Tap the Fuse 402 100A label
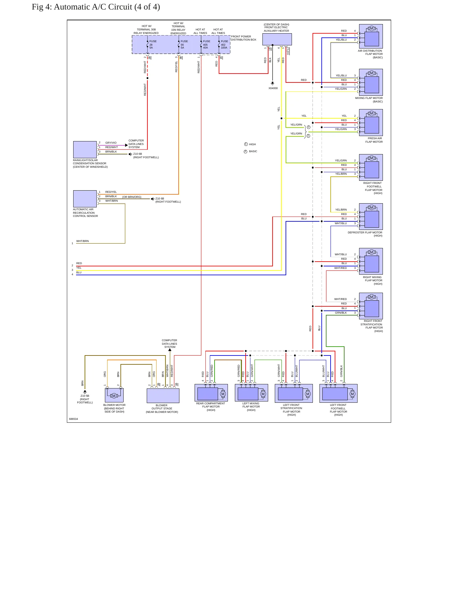pyautogui.click(x=224, y=44)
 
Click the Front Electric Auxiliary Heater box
pyautogui.click(x=277, y=39)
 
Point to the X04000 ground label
pyautogui.click(x=273, y=88)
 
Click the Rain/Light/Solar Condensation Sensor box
pyautogui.click(x=85, y=149)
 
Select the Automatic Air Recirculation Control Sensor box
pyautogui.click(x=85, y=199)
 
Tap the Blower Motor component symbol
pyautogui.click(x=114, y=395)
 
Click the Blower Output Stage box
pyautogui.click(x=163, y=396)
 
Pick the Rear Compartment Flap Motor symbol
pyautogui.click(x=211, y=393)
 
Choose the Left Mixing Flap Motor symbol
pyautogui.click(x=251, y=393)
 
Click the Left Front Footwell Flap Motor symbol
pyautogui.click(x=339, y=393)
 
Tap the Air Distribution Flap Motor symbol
pyautogui.click(x=371, y=36)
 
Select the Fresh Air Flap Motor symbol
pyautogui.click(x=371, y=122)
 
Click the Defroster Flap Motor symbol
pyautogui.click(x=371, y=217)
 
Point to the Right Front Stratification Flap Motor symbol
pyautogui.click(x=371, y=306)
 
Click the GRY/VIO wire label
pyautogui.click(x=111, y=143)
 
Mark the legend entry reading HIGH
pyautogui.click(x=252, y=144)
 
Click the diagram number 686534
pyautogui.click(x=74, y=419)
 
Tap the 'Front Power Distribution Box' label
pyautogui.click(x=243, y=38)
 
